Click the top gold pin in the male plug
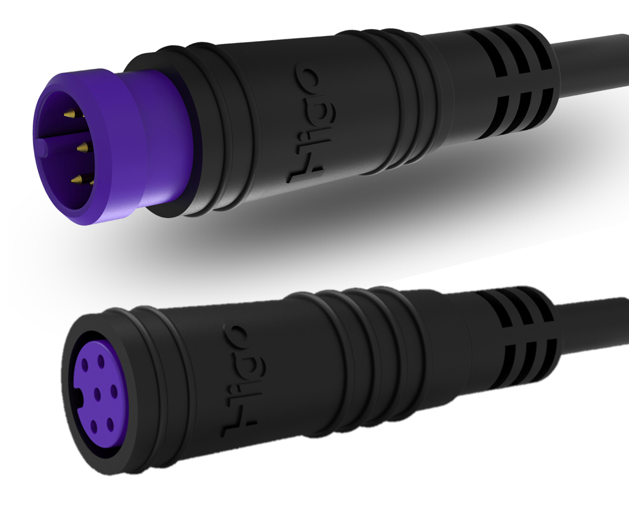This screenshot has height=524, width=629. [70, 114]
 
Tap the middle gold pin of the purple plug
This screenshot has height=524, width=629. [81, 146]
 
